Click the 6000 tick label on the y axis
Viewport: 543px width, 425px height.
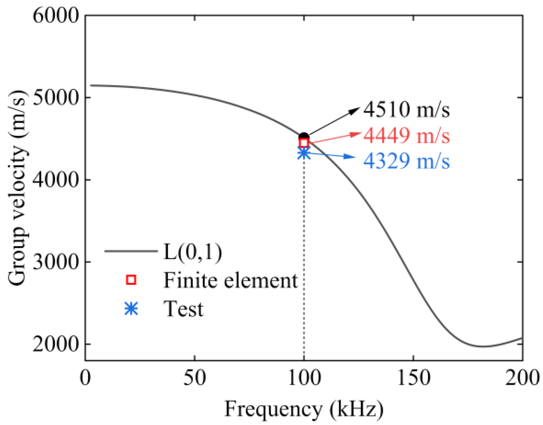tap(56, 15)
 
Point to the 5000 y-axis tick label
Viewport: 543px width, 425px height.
tap(56, 98)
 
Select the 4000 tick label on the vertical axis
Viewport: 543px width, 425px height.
tap(56, 180)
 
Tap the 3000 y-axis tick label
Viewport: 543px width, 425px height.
tap(56, 262)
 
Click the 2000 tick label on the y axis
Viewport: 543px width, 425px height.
tap(56, 344)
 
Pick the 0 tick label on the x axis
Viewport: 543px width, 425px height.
tap(85, 378)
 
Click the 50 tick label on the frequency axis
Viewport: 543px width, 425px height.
tap(194, 378)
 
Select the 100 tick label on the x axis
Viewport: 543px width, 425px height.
tap(304, 378)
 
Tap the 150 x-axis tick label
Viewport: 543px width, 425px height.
tap(413, 378)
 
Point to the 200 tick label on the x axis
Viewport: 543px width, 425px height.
tap(522, 378)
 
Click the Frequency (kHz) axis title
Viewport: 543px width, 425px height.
tap(304, 409)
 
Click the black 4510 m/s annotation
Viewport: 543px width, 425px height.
tap(406, 109)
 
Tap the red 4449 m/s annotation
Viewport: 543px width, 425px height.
tap(406, 135)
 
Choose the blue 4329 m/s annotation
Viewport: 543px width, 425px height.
tap(406, 161)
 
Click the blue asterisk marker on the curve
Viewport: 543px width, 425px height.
tap(304, 153)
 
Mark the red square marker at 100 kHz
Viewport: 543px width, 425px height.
tap(304, 143)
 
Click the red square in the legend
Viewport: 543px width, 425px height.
tap(131, 280)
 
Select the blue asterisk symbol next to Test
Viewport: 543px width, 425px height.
tap(131, 308)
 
